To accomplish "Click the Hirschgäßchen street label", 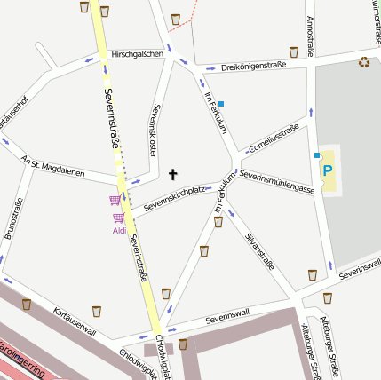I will click(x=139, y=54).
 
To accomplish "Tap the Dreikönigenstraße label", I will click(x=253, y=66).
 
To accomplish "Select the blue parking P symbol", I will click(x=328, y=170).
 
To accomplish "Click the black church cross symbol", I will click(x=172, y=175).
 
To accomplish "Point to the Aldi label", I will click(x=120, y=231).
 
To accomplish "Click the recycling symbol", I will click(x=364, y=61).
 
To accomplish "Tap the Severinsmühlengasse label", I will click(x=277, y=183).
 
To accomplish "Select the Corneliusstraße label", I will click(x=274, y=135).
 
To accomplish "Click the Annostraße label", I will click(x=310, y=35).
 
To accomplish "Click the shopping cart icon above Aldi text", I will click(x=115, y=201).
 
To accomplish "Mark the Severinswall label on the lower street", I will click(x=227, y=316).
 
